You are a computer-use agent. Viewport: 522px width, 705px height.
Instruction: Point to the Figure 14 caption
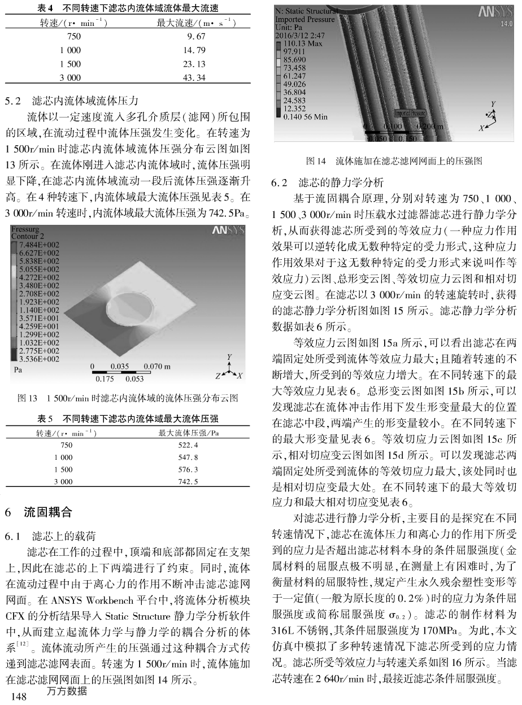(393, 160)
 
